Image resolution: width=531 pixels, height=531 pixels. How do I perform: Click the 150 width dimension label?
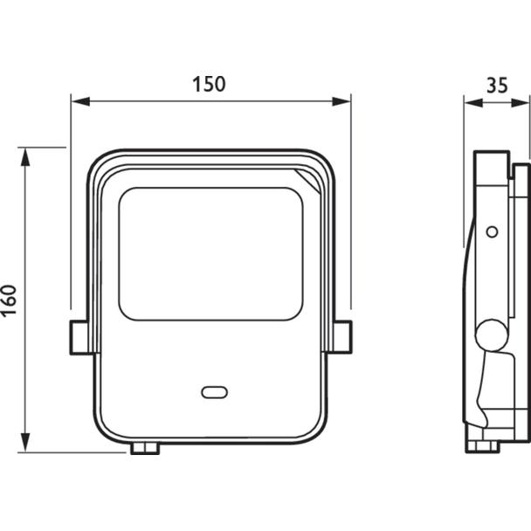(x=209, y=85)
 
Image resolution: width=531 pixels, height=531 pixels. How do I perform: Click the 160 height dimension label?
(x=9, y=300)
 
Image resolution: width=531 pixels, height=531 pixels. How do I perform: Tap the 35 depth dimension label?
(x=497, y=86)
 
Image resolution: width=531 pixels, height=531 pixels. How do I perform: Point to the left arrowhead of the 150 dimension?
(x=81, y=101)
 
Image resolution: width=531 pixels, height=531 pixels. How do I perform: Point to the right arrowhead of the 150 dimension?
(x=341, y=101)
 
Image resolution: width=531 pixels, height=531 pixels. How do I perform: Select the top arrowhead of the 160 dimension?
(x=25, y=157)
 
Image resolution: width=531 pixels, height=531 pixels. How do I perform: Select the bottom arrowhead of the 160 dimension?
(x=25, y=442)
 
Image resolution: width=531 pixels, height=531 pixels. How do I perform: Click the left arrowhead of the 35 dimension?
(x=473, y=102)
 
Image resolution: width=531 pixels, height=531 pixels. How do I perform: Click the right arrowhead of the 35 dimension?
(x=521, y=102)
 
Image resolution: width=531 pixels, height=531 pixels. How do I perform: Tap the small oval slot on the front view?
(x=214, y=392)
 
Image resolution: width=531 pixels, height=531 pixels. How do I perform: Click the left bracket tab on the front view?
(x=79, y=337)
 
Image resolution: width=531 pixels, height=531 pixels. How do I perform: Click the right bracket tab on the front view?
(x=343, y=337)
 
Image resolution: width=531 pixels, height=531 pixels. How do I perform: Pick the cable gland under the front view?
(x=145, y=448)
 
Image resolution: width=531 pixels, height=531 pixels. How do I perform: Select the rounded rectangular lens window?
(x=210, y=254)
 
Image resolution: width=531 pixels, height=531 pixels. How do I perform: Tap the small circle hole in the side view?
(x=492, y=232)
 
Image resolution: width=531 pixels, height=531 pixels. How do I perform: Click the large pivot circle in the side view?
(x=492, y=335)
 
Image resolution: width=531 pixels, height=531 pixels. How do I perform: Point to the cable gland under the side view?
(x=483, y=446)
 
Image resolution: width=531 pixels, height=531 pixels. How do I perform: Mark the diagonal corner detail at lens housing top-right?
(x=307, y=181)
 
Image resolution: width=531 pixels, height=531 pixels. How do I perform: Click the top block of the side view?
(x=492, y=169)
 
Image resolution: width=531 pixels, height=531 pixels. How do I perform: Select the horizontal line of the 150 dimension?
(x=211, y=101)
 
